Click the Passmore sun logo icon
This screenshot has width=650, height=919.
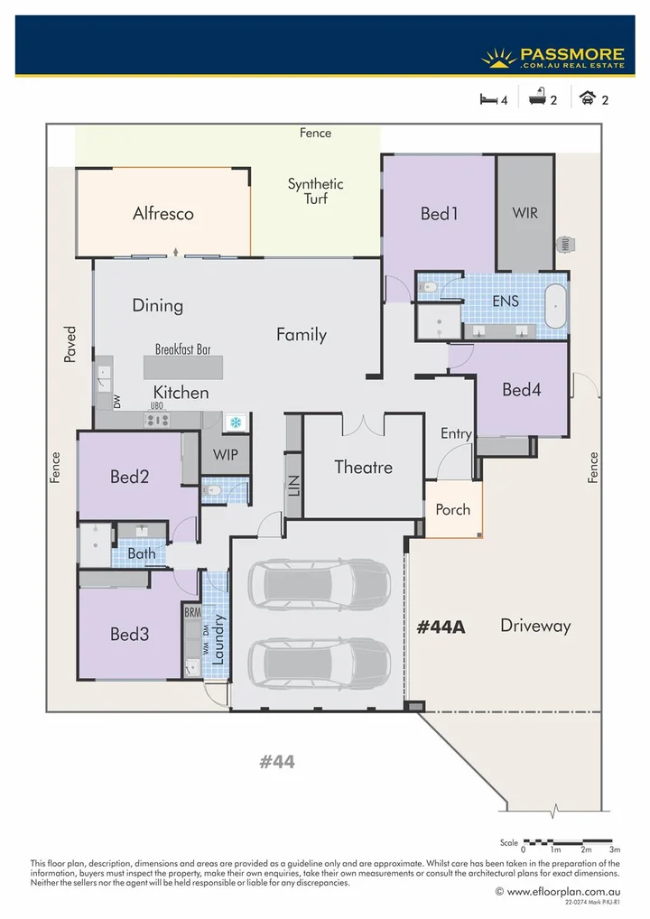coord(498,58)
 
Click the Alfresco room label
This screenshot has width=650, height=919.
coord(163,214)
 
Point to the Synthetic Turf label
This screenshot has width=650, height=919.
coord(315,191)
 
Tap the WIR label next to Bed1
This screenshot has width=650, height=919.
coord(525,214)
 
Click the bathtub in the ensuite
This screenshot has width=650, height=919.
coord(556,305)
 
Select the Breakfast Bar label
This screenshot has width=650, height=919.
coord(189,348)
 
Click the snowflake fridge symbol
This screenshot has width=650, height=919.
coord(235,422)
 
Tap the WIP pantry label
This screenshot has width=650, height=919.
coord(226,455)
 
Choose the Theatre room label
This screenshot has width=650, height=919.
coord(363,467)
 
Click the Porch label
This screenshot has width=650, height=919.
coord(452,509)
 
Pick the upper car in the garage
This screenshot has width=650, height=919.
coord(318,584)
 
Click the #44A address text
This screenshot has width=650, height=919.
coord(441,627)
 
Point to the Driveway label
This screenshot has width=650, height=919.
coord(535,626)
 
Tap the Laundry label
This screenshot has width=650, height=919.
coord(218,639)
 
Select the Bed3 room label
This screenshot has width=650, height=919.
coord(130,635)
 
